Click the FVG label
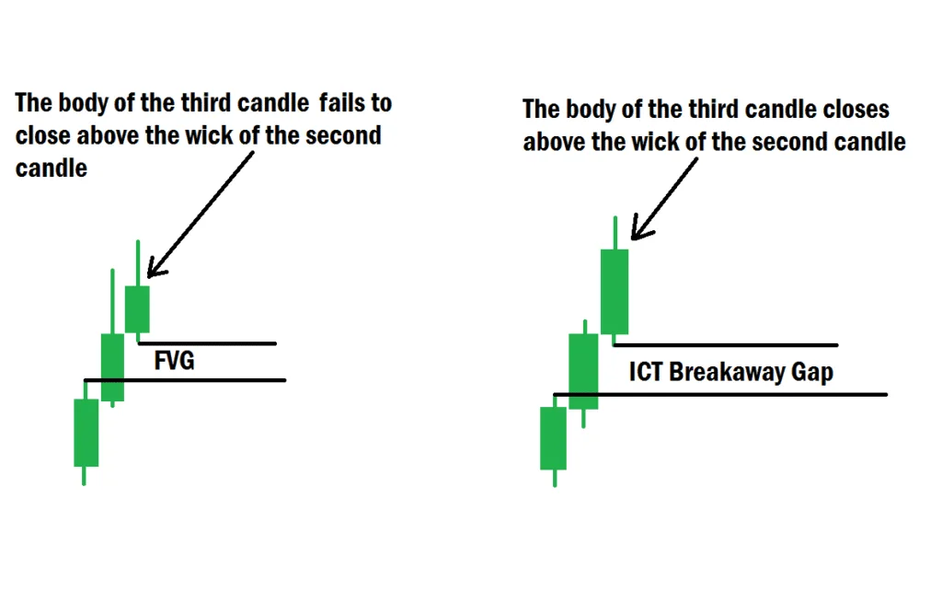[174, 360]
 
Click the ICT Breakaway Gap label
[731, 371]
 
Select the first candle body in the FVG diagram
[86, 433]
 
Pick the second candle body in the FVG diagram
[112, 367]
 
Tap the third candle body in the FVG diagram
[137, 308]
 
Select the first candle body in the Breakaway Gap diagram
[554, 438]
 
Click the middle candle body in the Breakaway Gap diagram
[583, 371]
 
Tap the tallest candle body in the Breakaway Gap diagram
[614, 291]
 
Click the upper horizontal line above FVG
[208, 343]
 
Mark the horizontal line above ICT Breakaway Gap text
[727, 345]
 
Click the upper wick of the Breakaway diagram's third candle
[614, 232]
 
